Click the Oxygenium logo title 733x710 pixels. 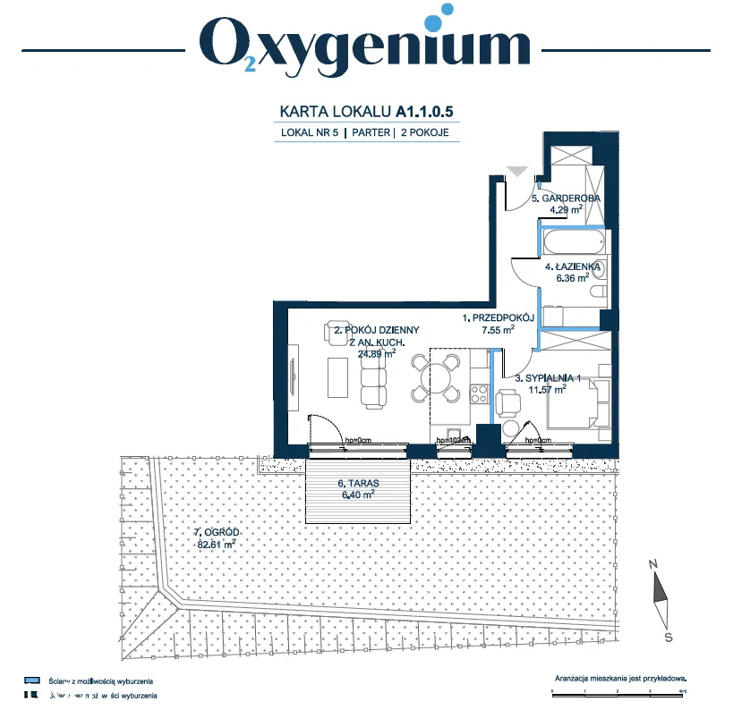coord(365,42)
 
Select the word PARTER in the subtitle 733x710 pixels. coord(371,132)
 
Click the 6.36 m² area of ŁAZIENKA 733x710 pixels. coord(567,277)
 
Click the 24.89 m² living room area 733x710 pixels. coord(376,353)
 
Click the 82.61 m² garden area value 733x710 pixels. coord(216,543)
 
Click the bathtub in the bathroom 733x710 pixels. coord(572,242)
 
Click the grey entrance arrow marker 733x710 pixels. coord(516,170)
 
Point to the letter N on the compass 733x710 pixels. coord(654,563)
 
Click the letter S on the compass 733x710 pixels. coord(668,637)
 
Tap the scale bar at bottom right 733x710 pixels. coord(618,691)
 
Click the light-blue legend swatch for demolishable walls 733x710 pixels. coord(30,680)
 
